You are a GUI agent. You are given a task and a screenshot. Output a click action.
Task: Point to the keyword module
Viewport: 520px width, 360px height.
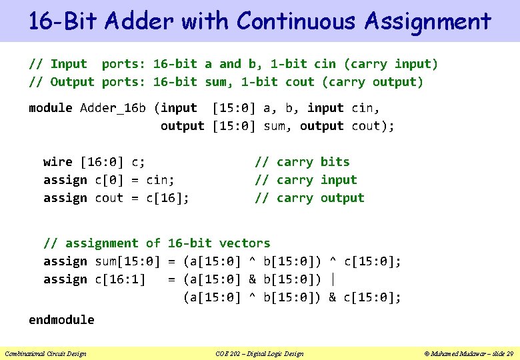point(51,108)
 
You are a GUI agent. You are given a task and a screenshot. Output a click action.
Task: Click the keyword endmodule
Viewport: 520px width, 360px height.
point(61,320)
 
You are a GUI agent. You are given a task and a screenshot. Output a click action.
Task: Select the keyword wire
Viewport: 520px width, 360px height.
point(58,162)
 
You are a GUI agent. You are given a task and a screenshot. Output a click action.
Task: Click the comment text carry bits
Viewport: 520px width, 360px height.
point(313,162)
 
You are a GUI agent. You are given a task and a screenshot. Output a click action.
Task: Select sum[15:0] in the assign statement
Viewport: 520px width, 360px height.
point(127,261)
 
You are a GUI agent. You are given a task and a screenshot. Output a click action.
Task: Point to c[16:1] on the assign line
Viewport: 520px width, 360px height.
point(120,279)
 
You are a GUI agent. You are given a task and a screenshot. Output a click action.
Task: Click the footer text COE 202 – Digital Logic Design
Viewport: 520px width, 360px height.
point(260,353)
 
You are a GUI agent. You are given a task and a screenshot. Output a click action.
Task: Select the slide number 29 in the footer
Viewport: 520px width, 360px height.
point(509,353)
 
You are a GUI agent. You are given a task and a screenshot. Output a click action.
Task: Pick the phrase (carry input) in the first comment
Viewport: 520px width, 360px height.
point(391,64)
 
